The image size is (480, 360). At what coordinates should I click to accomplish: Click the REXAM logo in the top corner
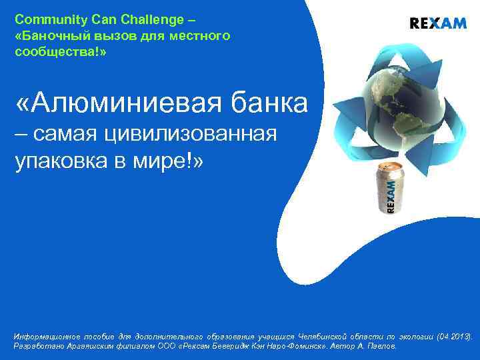coord(437,23)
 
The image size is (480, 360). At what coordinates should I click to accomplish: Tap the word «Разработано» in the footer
coord(39,347)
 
